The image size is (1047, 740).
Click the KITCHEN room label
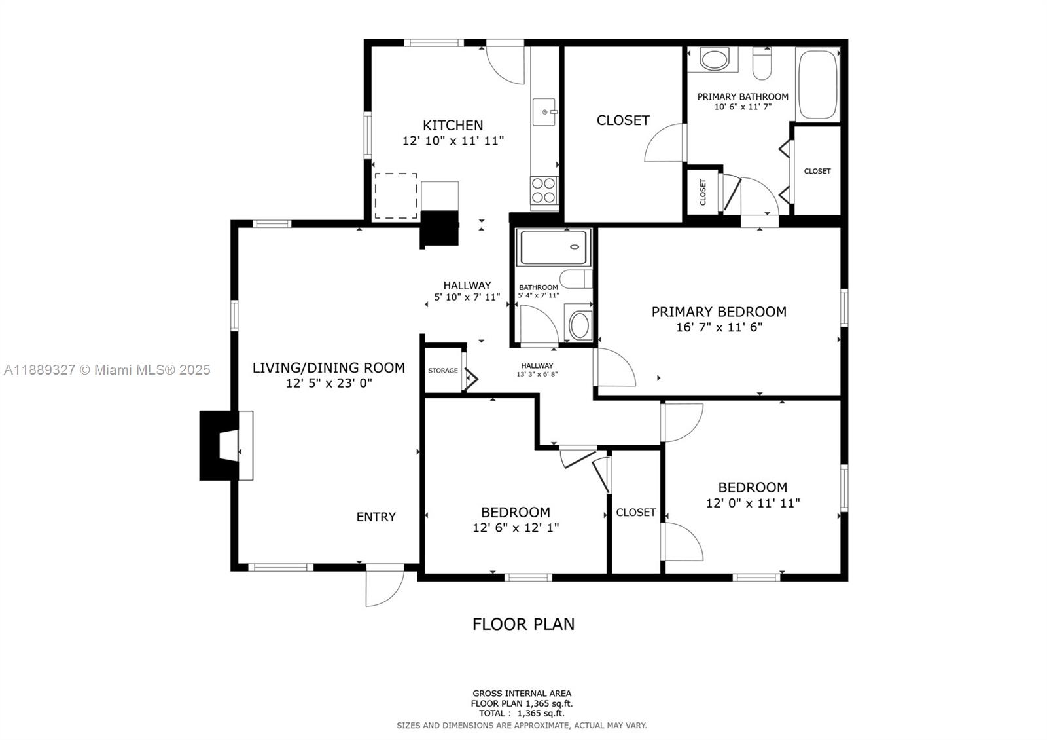453,125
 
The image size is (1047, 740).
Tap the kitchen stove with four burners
544,190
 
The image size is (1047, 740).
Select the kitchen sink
544,112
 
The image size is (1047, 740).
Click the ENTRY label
376,517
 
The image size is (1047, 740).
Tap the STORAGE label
443,371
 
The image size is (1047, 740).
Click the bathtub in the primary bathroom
817,84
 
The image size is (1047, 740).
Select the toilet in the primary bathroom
762,64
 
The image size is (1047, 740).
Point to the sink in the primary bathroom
713,60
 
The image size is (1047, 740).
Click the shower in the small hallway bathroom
553,247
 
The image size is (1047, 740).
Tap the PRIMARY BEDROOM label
719,312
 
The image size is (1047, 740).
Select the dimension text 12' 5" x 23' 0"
328,383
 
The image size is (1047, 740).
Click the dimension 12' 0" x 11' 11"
753,503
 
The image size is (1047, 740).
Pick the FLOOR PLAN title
523,624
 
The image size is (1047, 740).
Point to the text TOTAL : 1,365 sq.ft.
522,713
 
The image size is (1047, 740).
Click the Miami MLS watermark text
107,370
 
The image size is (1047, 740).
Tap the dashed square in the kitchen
395,196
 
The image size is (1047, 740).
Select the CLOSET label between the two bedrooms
635,512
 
